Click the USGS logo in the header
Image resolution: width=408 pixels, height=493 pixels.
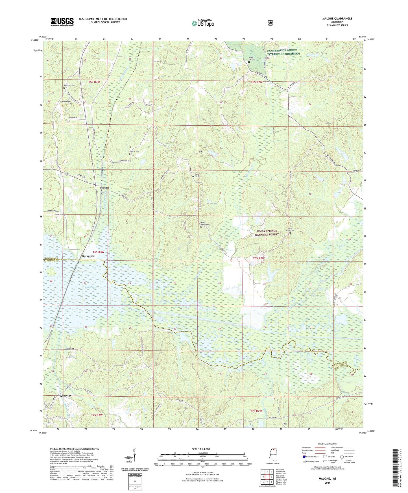click(x=62, y=22)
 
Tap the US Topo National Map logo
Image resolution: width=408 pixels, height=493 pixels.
click(x=203, y=23)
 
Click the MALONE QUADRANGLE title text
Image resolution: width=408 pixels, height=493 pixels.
click(x=337, y=19)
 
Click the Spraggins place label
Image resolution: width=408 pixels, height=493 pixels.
click(x=88, y=256)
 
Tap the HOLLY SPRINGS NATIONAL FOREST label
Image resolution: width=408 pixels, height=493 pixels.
click(x=267, y=233)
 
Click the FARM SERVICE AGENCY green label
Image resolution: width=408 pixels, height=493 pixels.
click(x=283, y=52)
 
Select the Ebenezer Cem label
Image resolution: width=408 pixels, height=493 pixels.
click(x=69, y=85)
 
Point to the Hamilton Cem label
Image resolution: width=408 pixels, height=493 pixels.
click(x=65, y=102)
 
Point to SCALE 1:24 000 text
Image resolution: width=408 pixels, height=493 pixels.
click(x=201, y=449)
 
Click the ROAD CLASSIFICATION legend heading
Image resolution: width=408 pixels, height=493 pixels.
click(x=327, y=444)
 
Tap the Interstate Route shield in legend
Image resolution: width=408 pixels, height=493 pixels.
click(x=304, y=457)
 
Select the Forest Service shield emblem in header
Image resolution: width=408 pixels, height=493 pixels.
click(x=270, y=23)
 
